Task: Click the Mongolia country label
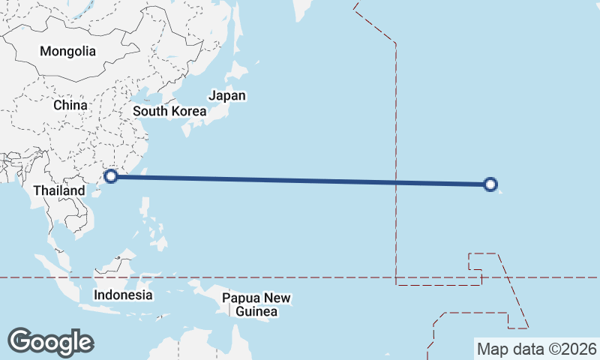68,52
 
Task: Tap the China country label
70,106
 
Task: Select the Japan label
227,96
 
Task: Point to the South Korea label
169,112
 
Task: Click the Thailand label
59,191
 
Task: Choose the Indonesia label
123,295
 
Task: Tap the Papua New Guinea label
256,304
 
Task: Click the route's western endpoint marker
112,176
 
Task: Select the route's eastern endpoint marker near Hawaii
490,184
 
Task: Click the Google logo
50,341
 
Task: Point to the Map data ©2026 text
537,349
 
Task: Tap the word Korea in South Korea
187,112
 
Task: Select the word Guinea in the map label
256,311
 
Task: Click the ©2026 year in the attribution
573,349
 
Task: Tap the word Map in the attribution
491,349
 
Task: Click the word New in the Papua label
277,298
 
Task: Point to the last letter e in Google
85,343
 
